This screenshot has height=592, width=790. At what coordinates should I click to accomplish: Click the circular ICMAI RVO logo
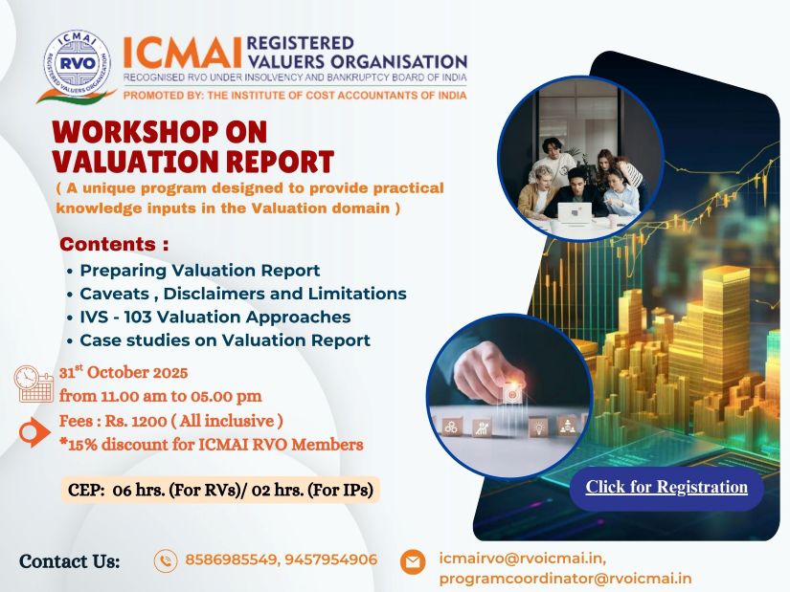tap(77, 68)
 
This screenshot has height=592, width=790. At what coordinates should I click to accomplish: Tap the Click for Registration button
tap(666, 487)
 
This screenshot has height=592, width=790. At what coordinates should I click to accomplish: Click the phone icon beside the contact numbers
tap(166, 560)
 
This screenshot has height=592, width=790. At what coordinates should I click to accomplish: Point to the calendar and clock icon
tap(34, 383)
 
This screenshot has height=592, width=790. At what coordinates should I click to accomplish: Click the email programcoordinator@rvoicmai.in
tap(565, 578)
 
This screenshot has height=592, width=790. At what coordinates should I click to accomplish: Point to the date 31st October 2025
tap(124, 372)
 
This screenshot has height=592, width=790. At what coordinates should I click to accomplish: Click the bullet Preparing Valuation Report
tap(199, 271)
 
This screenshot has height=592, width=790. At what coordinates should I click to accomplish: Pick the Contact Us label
tap(70, 560)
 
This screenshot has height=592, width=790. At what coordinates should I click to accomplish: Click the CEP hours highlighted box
tap(220, 491)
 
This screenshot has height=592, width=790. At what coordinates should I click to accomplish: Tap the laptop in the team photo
tap(575, 211)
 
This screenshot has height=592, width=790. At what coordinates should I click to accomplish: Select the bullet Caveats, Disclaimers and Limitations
tap(243, 294)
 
